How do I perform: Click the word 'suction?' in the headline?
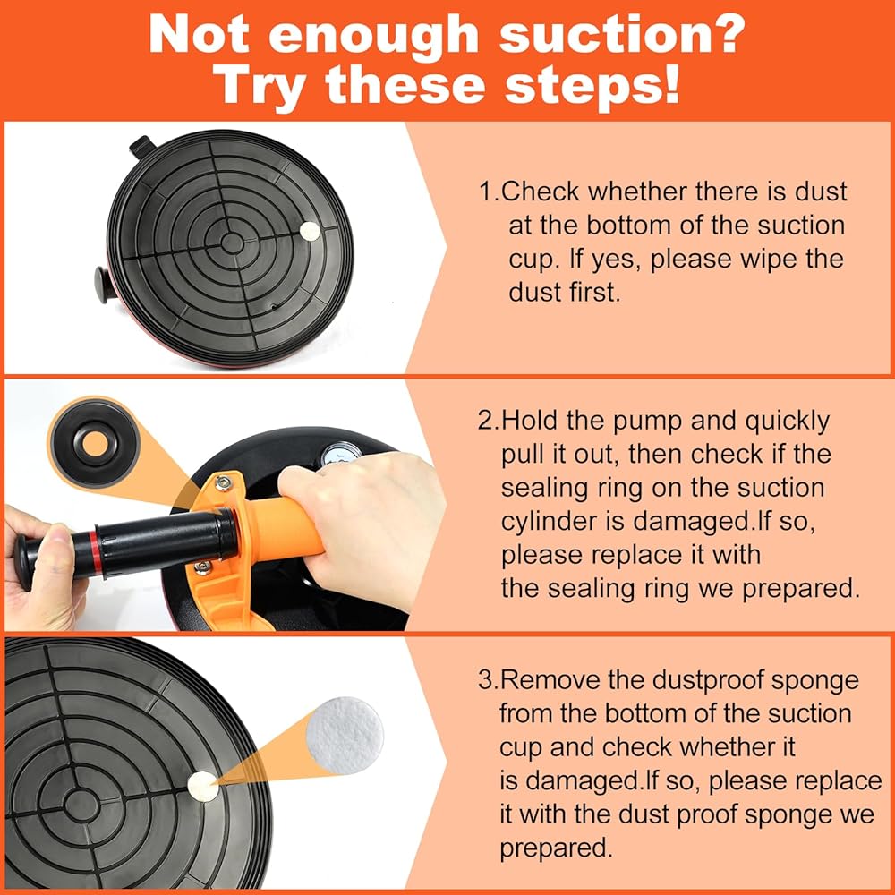pos(622,36)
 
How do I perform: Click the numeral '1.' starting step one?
pos(490,192)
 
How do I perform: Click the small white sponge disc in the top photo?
pos(310,231)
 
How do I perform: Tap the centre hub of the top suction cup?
pos(232,243)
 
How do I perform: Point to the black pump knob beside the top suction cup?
pos(105,285)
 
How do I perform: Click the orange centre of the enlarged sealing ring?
pos(95,444)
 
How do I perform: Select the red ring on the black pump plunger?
pos(94,553)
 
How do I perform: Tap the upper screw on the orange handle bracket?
pos(223,483)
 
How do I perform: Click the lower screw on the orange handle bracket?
pos(202,567)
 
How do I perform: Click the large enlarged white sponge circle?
pos(345,735)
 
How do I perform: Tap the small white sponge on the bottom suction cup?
pos(202,787)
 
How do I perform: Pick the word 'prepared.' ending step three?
pos(556,848)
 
